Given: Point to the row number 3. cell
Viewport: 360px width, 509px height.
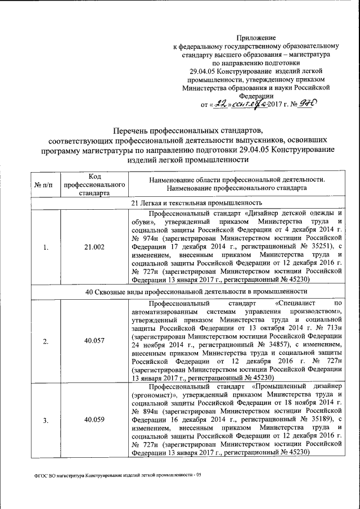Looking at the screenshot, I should click(x=46, y=420).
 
